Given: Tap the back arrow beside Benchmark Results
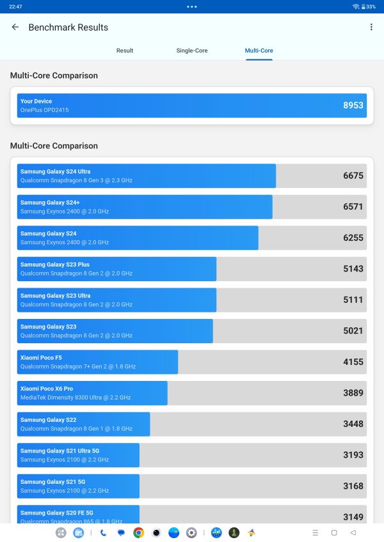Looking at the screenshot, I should coord(15,27).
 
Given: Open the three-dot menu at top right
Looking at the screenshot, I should coord(371,27).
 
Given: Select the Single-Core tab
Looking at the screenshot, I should coord(192,50).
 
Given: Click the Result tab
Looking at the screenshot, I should coord(125,50).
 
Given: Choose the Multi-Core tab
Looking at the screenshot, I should coord(259,50).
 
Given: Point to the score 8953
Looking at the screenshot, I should coord(353,105).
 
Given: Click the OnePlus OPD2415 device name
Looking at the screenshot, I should coord(44,110).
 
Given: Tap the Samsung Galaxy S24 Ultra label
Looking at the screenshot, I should coord(55,171).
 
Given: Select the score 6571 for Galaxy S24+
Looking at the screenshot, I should coord(353,207).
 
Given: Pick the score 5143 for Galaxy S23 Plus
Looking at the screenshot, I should coord(353,269).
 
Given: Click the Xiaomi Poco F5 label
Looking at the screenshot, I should coord(41,358).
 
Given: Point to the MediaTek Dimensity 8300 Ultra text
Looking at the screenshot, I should coord(75,398).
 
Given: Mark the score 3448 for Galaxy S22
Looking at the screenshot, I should coord(353,424).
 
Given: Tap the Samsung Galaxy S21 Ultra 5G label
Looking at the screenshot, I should coord(60,451).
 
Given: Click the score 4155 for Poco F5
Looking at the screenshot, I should coord(353,362).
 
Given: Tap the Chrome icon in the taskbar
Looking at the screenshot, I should coord(138,532).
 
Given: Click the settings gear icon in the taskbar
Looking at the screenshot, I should coord(191,532).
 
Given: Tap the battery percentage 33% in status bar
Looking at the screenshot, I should coord(371,6).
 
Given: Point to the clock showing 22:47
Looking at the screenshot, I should coord(15,6).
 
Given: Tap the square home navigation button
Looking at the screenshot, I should coord(334,532).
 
